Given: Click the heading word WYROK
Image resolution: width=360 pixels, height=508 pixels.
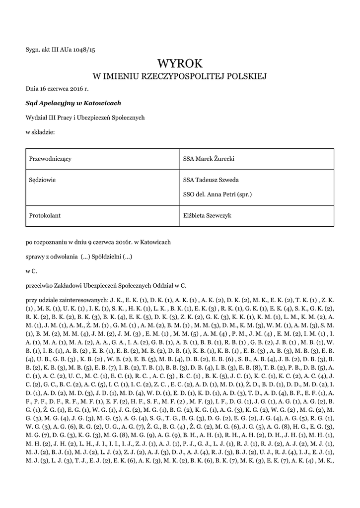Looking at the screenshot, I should pyautogui.click(x=180, y=64).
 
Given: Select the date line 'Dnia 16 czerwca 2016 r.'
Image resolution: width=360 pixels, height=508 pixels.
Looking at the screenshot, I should pyautogui.click(x=57, y=89).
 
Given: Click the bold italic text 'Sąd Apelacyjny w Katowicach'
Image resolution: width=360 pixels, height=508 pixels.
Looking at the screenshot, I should pyautogui.click(x=73, y=103).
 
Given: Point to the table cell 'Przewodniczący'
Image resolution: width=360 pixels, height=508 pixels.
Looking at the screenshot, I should pyautogui.click(x=51, y=159).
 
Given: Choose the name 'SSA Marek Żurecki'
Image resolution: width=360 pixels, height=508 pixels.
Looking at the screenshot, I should pyautogui.click(x=209, y=159).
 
